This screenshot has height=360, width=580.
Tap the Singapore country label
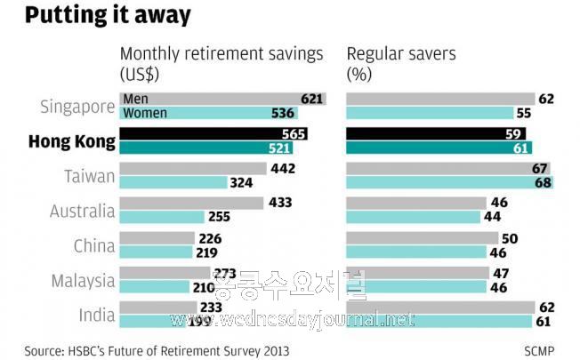coord(78,107)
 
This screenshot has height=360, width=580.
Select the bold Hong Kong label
coord(72,141)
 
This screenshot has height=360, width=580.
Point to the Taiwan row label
coord(90,176)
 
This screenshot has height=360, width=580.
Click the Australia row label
coord(82,211)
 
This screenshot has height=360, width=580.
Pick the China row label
coord(93,245)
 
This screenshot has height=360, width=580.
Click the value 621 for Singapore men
coord(311,99)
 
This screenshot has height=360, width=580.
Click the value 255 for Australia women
coord(219,216)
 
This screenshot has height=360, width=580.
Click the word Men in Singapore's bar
coord(136,99)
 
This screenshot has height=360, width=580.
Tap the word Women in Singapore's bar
coord(145,113)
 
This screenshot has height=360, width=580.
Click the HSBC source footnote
coord(156,350)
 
